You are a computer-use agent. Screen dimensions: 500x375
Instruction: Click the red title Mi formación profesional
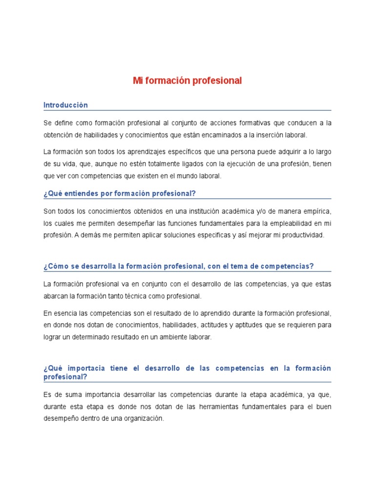click(187, 81)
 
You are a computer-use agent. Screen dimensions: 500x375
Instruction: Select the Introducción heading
click(65, 105)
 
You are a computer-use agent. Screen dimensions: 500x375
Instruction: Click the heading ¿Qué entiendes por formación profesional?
click(120, 194)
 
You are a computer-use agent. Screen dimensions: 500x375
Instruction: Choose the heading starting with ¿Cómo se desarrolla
click(179, 266)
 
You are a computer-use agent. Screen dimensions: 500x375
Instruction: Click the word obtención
click(59, 135)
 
